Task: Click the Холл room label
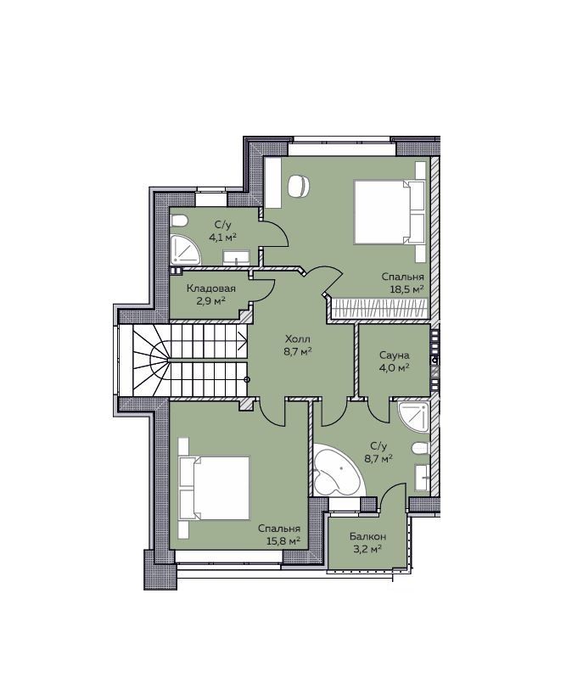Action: (298, 338)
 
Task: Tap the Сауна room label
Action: (395, 355)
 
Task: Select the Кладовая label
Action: (211, 288)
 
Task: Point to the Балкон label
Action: (368, 537)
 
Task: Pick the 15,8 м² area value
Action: (283, 541)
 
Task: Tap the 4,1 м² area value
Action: (223, 237)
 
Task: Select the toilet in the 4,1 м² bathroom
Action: (180, 221)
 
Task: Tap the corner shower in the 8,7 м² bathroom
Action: (415, 417)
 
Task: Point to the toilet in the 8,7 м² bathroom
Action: (421, 449)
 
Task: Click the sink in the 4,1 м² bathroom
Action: (236, 258)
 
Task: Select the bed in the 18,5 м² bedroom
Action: (390, 212)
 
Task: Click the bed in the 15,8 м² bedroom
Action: (214, 488)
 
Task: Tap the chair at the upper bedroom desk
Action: (298, 186)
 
